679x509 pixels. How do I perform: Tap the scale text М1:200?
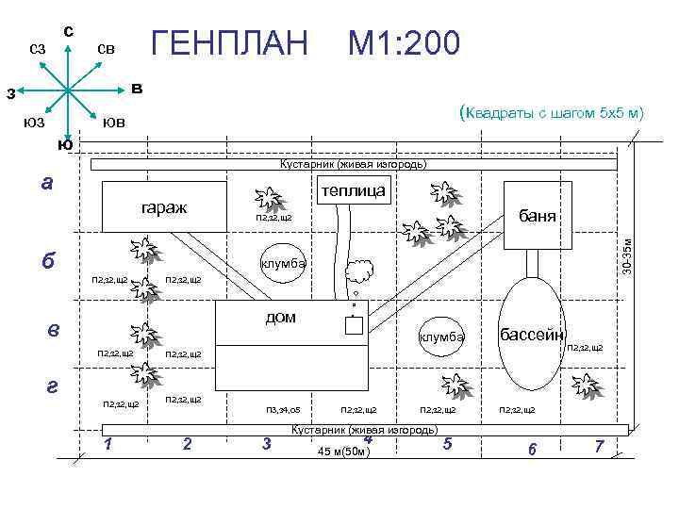[x=405, y=42]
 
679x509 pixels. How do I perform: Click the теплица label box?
[x=352, y=190]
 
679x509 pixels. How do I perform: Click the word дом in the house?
[x=280, y=318]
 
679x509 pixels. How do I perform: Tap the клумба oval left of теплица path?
[x=283, y=264]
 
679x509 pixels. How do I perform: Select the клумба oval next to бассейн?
[x=441, y=337]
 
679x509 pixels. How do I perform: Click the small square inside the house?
[x=355, y=326]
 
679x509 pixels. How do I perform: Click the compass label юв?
[x=113, y=123]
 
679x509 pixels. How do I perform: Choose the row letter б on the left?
[x=48, y=260]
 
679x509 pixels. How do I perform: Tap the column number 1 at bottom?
[x=110, y=445]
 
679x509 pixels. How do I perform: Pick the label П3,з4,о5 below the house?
[x=283, y=410]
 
